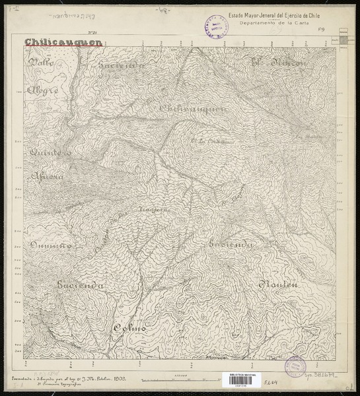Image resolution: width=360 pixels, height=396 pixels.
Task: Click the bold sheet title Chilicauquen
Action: [x=63, y=43]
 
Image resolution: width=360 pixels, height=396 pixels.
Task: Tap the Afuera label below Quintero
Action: [x=48, y=177]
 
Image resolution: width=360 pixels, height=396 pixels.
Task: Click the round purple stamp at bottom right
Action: [x=295, y=366]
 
